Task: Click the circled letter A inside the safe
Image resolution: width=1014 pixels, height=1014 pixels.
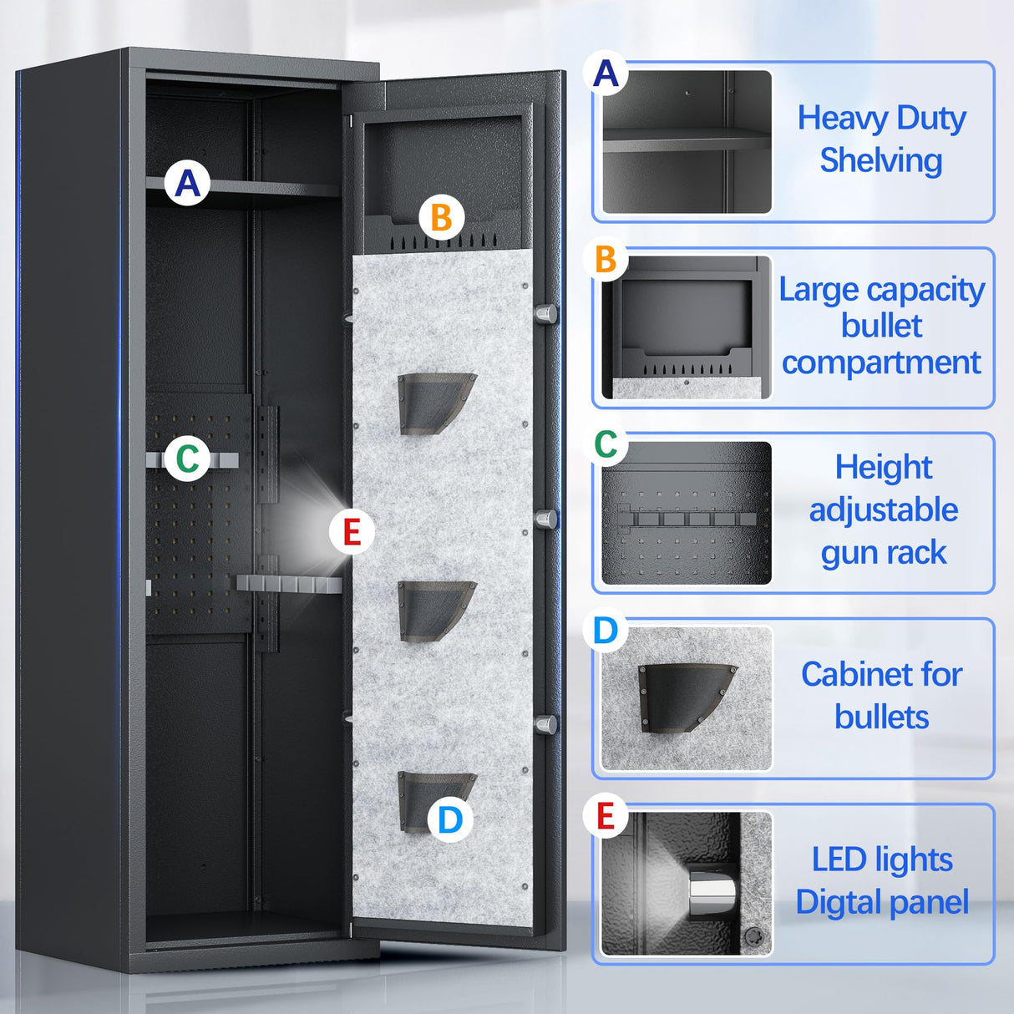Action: pos(187,183)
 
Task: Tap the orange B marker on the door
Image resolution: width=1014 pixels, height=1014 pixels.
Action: pos(441,217)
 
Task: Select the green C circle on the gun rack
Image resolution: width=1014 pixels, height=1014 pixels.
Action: pos(187,459)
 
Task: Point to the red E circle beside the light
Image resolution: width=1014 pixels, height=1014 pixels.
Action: pos(352,531)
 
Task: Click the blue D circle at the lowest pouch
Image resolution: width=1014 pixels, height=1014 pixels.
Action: pos(449,819)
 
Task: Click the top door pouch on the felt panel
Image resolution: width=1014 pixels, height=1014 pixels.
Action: pos(434,402)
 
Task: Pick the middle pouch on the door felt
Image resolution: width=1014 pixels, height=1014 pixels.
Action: pos(434,610)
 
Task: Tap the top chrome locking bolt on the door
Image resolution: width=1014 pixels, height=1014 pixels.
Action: pos(545,314)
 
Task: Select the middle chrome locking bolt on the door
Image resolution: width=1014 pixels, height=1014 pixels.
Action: pos(545,519)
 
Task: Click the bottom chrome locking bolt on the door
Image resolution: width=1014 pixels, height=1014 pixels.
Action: pos(545,724)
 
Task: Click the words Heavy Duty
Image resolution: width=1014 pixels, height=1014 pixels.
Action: pos(881,118)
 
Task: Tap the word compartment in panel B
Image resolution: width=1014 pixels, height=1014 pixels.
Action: pos(881,363)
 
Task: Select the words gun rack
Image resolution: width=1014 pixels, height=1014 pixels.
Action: pos(884,552)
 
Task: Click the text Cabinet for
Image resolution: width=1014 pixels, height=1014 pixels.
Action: pos(881,674)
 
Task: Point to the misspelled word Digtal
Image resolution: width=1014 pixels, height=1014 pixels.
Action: pos(836,902)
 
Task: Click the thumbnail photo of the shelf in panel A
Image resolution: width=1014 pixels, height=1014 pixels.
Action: pos(687,142)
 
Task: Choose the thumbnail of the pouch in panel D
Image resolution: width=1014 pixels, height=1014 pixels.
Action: pos(687,698)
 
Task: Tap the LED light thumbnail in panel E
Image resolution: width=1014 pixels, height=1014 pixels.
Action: pos(687,884)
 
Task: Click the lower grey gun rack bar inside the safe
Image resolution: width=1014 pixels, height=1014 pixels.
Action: pos(288,584)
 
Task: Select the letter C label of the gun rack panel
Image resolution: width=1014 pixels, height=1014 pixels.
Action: pos(606,445)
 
